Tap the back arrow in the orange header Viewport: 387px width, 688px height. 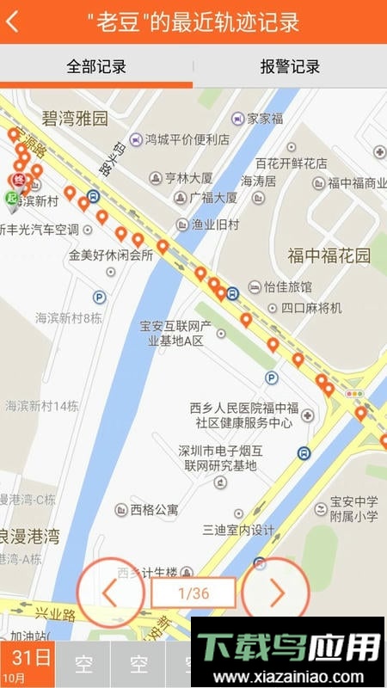pyautogui.click(x=12, y=22)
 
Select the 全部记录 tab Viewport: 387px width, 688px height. pyautogui.click(x=96, y=66)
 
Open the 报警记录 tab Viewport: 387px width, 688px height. pyautogui.click(x=290, y=66)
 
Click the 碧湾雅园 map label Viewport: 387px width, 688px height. pyautogui.click(x=75, y=118)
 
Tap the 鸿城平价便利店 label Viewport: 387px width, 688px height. pyautogui.click(x=186, y=139)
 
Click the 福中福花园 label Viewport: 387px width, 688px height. pyautogui.click(x=329, y=255)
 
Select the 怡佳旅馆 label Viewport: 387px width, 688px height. pyautogui.click(x=287, y=286)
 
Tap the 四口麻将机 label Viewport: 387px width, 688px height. pyautogui.click(x=310, y=308)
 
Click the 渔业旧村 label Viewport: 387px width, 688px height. pyautogui.click(x=215, y=224)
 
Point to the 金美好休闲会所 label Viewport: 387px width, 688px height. pyautogui.click(x=111, y=255)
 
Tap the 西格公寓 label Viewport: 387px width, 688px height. pyautogui.click(x=154, y=510)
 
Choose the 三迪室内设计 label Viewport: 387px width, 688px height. pyautogui.click(x=238, y=531)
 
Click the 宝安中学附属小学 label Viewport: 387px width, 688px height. pyautogui.click(x=353, y=509)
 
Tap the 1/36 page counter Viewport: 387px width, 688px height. pyautogui.click(x=193, y=593)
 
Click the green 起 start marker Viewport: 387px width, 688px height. pyautogui.click(x=11, y=199)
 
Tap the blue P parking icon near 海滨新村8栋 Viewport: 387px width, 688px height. pyautogui.click(x=99, y=298)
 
